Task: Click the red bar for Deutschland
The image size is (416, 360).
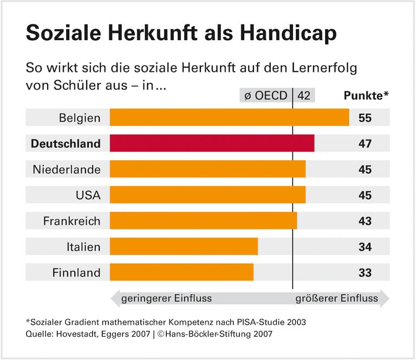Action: [x=212, y=143]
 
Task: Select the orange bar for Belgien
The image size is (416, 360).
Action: [x=229, y=117]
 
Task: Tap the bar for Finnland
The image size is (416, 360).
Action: [x=181, y=272]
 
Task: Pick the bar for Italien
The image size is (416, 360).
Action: [x=184, y=246]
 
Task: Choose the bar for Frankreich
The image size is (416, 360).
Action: [x=203, y=220]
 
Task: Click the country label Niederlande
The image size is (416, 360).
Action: [x=67, y=169]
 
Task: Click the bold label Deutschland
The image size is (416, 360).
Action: [x=66, y=143]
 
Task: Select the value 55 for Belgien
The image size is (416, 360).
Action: [x=365, y=117]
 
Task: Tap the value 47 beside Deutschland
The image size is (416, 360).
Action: [x=365, y=143]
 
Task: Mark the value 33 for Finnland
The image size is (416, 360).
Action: [x=365, y=272]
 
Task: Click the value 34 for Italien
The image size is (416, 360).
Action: [x=365, y=246]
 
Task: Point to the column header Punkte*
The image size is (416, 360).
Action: [x=367, y=96]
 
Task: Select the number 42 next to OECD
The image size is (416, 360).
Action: [x=304, y=96]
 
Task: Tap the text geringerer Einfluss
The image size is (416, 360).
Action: [x=166, y=298]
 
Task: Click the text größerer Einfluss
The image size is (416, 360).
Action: [x=336, y=298]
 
